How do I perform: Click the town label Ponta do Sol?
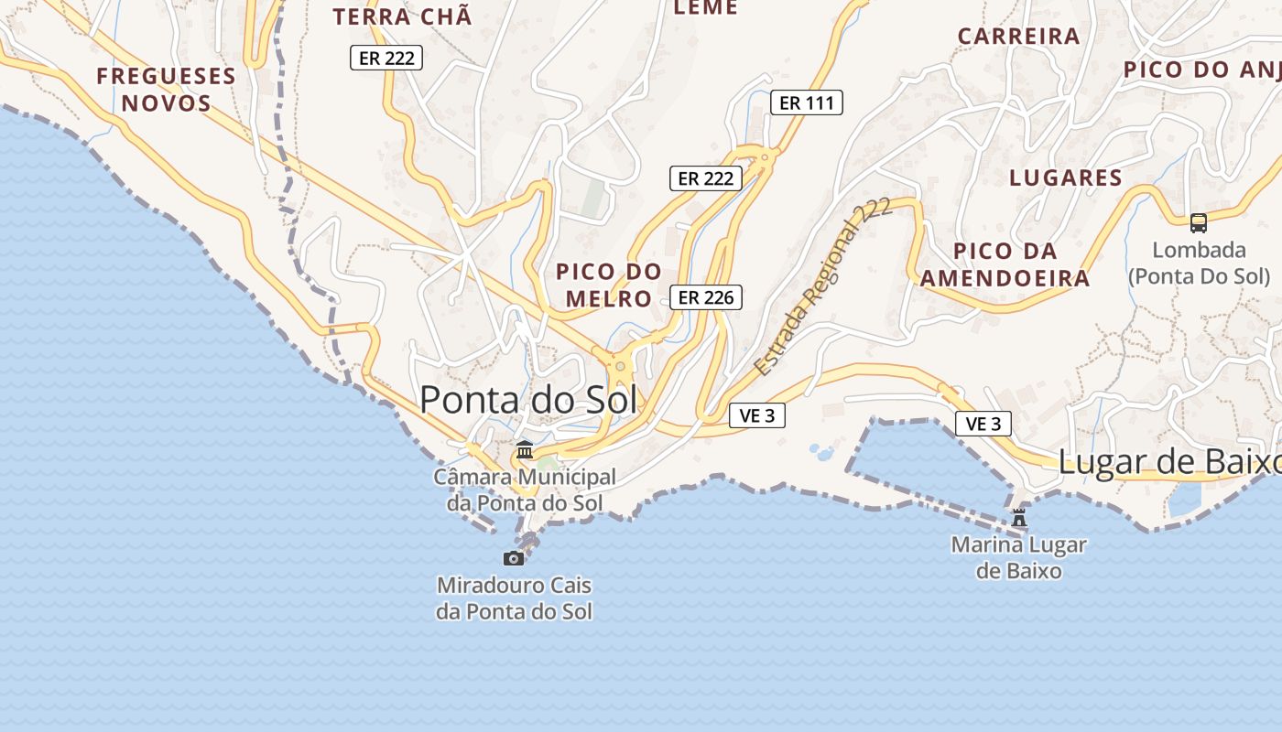click(x=528, y=401)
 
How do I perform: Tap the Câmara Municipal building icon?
click(x=525, y=450)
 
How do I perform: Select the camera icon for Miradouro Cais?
click(x=514, y=558)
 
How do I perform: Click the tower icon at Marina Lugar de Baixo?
click(x=1018, y=518)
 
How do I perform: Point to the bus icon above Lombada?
click(x=1198, y=222)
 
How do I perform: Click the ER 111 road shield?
click(x=806, y=102)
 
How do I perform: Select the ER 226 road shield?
click(x=705, y=297)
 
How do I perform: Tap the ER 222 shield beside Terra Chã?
click(x=386, y=58)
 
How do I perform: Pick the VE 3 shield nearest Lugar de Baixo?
click(x=983, y=424)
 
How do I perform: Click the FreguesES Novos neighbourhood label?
click(x=166, y=89)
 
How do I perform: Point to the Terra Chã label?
click(x=402, y=16)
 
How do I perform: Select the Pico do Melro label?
click(x=608, y=285)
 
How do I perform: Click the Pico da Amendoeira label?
click(x=1005, y=264)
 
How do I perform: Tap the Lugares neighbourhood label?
click(x=1066, y=178)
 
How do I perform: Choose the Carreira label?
click(x=1018, y=37)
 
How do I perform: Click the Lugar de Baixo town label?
click(x=1168, y=463)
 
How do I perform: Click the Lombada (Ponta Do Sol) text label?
click(x=1199, y=263)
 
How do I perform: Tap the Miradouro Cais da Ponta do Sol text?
click(x=514, y=598)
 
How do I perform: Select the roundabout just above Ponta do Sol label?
click(x=620, y=367)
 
